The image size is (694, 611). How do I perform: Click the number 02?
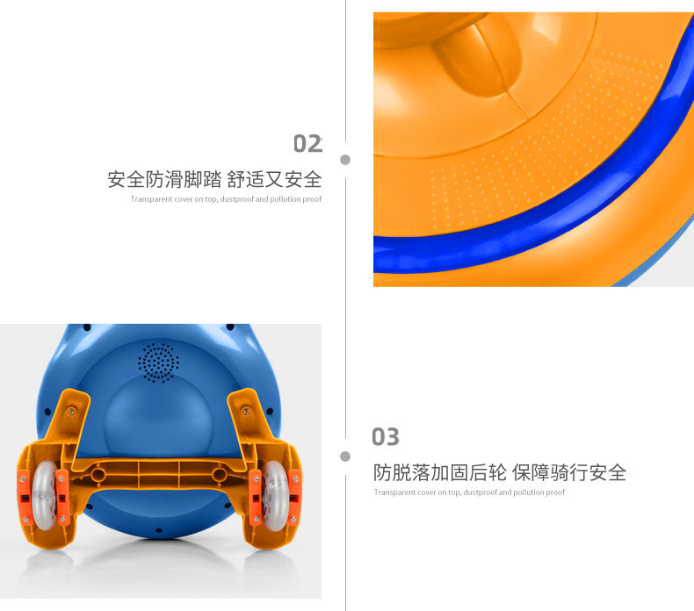pyautogui.click(x=307, y=144)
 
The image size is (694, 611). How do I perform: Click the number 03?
pyautogui.click(x=386, y=437)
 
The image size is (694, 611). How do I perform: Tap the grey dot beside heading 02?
pyautogui.click(x=345, y=160)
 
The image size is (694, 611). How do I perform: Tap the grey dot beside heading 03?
pyautogui.click(x=345, y=456)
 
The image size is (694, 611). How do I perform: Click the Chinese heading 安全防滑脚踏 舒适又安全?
pyautogui.click(x=214, y=180)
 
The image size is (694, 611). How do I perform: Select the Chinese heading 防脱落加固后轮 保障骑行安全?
pyautogui.click(x=500, y=472)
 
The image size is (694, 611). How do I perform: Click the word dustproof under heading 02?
pyautogui.click(x=237, y=199)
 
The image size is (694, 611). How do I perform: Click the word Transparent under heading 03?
pyautogui.click(x=390, y=492)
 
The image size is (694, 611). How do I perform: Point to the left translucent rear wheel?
pyautogui.click(x=44, y=495)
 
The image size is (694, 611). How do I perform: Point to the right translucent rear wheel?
pyautogui.click(x=275, y=495)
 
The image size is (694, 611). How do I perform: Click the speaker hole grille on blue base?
pyautogui.click(x=158, y=363)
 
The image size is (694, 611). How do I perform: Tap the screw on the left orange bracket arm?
pyautogui.click(x=71, y=412)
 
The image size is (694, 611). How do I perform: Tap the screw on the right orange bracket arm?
pyautogui.click(x=246, y=412)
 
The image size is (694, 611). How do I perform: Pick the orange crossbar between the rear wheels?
pyautogui.click(x=158, y=474)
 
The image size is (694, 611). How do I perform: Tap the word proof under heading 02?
pyautogui.click(x=312, y=199)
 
